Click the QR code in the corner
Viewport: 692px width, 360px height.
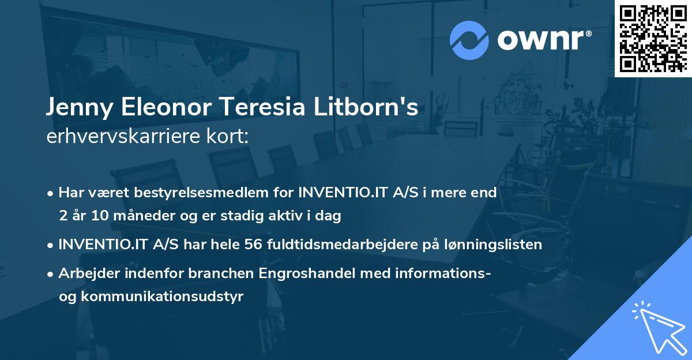653,38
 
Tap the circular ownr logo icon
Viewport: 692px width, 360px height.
469,40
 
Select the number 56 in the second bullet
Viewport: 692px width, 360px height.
254,245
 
